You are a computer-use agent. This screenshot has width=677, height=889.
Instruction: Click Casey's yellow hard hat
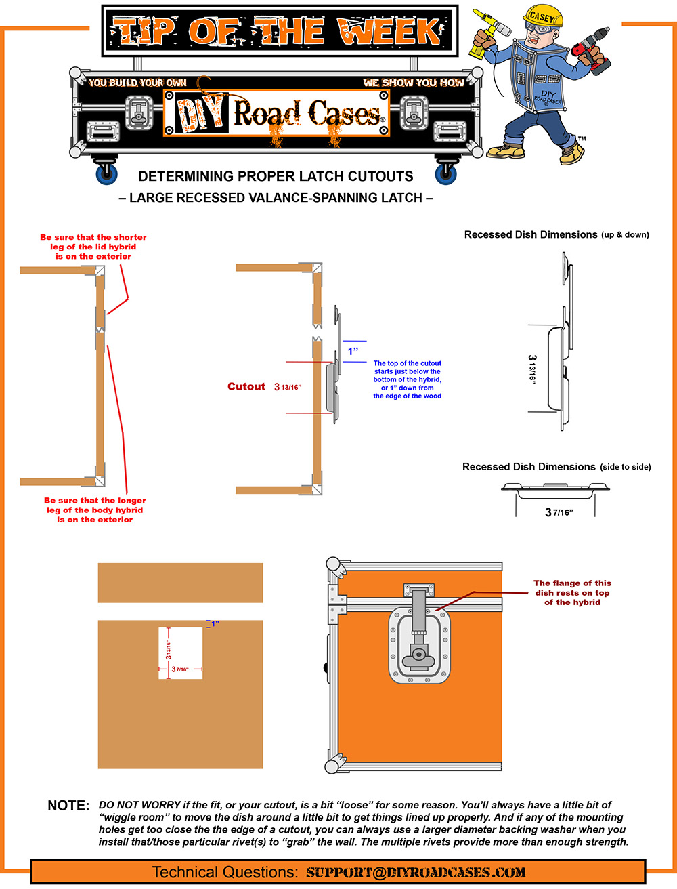coord(543,16)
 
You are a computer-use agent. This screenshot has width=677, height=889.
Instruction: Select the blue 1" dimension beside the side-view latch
coord(353,351)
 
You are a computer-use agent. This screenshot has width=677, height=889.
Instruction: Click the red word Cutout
coord(246,386)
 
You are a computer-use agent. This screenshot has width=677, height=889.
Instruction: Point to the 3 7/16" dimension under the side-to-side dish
coord(559,512)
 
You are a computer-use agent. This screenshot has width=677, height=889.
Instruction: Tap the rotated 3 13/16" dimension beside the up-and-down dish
coord(533,369)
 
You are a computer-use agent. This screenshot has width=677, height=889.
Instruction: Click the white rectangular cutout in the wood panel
coord(181,653)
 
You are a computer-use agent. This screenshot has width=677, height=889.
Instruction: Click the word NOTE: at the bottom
coord(68,806)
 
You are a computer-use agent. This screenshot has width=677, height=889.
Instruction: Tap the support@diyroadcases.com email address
coord(416,872)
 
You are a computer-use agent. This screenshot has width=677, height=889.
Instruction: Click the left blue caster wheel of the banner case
coord(106,173)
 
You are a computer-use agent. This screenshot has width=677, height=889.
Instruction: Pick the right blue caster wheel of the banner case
coord(446,173)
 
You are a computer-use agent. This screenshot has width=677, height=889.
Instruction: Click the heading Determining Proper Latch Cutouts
coord(276,176)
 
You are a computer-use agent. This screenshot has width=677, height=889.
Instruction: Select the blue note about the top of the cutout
coord(407,379)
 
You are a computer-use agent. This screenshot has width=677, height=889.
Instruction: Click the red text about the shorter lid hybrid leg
coord(93,247)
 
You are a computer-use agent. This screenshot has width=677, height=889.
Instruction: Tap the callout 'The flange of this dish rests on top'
coord(572,592)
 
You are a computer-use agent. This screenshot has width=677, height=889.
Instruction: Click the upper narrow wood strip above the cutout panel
coord(181,583)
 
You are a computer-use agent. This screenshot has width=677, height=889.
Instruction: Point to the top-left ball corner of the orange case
coord(334,564)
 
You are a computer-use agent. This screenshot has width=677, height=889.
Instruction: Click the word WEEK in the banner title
coord(390,31)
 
